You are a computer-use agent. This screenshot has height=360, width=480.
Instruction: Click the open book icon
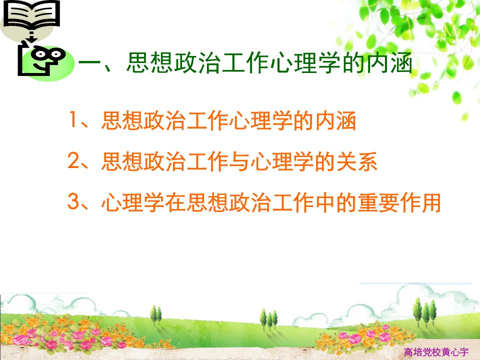coord(31,15)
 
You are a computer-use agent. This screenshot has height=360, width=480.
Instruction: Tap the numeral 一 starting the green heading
coord(89,63)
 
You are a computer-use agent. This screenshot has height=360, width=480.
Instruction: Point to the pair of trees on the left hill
coord(156,315)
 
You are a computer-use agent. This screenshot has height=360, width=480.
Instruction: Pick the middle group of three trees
coord(269,318)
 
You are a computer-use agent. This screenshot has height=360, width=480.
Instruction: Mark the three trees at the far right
coord(425,312)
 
